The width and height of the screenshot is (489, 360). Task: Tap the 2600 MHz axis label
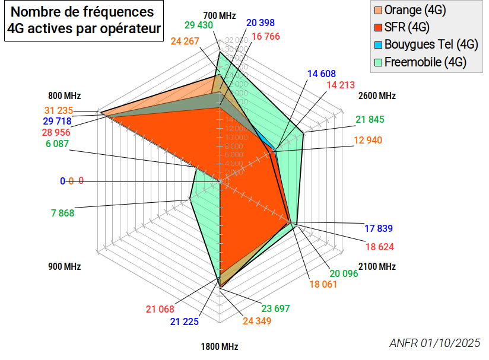[377, 95]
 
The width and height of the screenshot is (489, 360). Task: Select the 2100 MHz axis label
[377, 266]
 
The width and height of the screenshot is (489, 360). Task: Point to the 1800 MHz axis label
[220, 346]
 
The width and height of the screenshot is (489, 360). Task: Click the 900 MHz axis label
[64, 266]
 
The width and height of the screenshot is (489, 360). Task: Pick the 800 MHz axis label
[64, 95]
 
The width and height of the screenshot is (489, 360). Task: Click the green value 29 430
[198, 25]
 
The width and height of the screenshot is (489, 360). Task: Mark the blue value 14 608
[322, 74]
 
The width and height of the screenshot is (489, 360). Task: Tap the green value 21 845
[370, 120]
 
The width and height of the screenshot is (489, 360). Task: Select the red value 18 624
[380, 246]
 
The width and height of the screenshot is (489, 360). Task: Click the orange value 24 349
[256, 321]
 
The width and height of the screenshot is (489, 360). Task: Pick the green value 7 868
[62, 213]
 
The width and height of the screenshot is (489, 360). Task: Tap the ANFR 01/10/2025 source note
[434, 343]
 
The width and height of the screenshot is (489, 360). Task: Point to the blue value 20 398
[261, 23]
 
